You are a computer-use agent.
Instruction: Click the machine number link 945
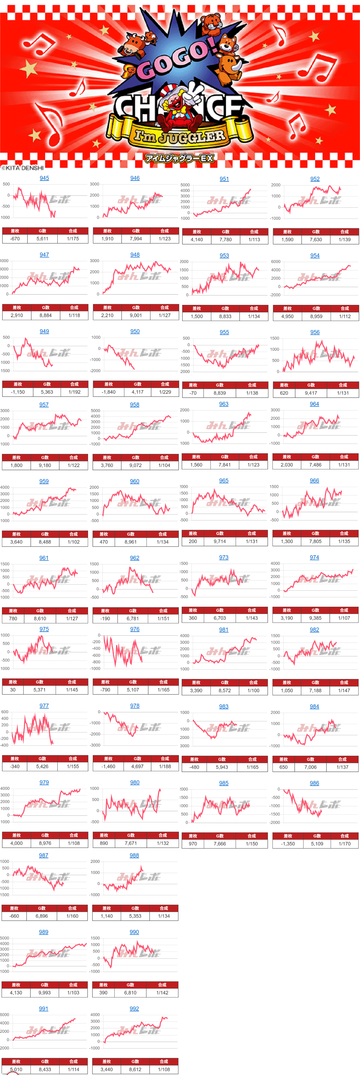point(44,178)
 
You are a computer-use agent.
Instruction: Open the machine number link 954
point(315,255)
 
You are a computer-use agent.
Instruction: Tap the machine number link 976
point(135,629)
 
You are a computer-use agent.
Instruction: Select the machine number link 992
point(134,1008)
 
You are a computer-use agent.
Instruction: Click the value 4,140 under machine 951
point(197,240)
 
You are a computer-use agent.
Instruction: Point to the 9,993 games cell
point(45,992)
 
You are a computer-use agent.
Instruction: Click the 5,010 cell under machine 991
point(16,1069)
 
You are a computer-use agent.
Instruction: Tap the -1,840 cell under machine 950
point(109,392)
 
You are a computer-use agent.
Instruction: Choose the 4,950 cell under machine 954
point(287,316)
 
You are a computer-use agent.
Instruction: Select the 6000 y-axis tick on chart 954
point(276,262)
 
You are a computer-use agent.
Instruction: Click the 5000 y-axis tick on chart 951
point(185,185)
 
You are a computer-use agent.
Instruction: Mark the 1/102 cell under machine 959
point(73,542)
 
